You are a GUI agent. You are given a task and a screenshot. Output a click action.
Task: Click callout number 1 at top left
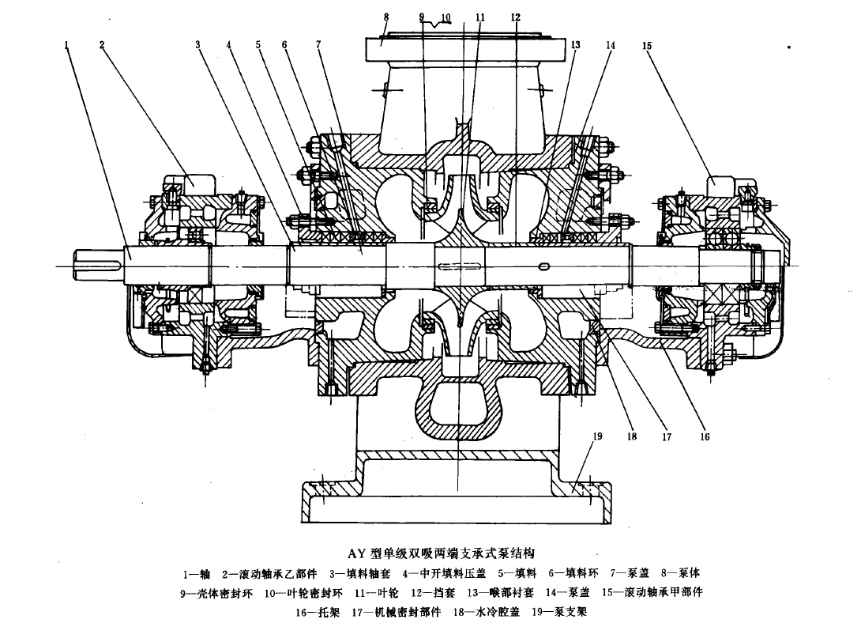[x=67, y=45]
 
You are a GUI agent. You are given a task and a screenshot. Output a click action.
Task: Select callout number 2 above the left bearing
[x=102, y=45]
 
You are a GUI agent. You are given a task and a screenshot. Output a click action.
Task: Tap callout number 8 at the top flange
[x=386, y=17]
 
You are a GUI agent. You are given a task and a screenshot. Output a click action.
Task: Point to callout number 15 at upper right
[x=648, y=46]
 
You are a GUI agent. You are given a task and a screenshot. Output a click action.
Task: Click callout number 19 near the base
[x=598, y=436]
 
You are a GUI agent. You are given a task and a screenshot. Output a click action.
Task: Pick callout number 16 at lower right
[x=705, y=436]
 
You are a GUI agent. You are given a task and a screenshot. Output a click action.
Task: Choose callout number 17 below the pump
[x=667, y=436]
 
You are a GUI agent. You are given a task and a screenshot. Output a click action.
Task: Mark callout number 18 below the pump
[x=632, y=436]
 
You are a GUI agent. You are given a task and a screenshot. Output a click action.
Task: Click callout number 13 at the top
[x=575, y=45]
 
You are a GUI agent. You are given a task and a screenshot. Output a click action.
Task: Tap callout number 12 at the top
[x=516, y=17]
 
